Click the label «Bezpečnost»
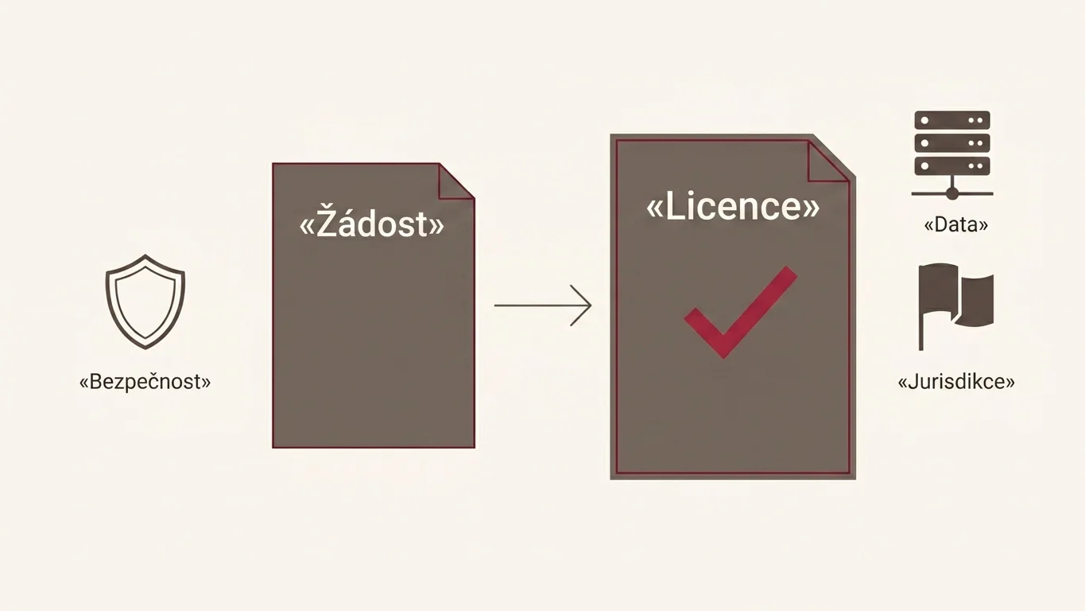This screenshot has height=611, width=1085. coord(145,382)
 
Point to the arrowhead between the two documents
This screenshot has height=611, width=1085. coord(581,305)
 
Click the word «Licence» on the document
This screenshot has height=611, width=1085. coord(733,206)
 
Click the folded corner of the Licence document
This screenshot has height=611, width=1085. coord(828,160)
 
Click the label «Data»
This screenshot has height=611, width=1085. coord(956,224)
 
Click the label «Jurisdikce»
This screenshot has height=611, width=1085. coord(956,382)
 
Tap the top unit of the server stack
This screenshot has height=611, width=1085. coord(952,120)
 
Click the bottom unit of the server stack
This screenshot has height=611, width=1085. coord(952,165)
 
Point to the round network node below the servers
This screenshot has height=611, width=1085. coord(952,193)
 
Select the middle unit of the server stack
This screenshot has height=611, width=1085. coord(952,143)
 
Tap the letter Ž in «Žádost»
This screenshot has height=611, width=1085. coord(327,223)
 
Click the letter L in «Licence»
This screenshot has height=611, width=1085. coord(673,206)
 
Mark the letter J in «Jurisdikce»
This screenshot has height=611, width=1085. coord(913,382)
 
